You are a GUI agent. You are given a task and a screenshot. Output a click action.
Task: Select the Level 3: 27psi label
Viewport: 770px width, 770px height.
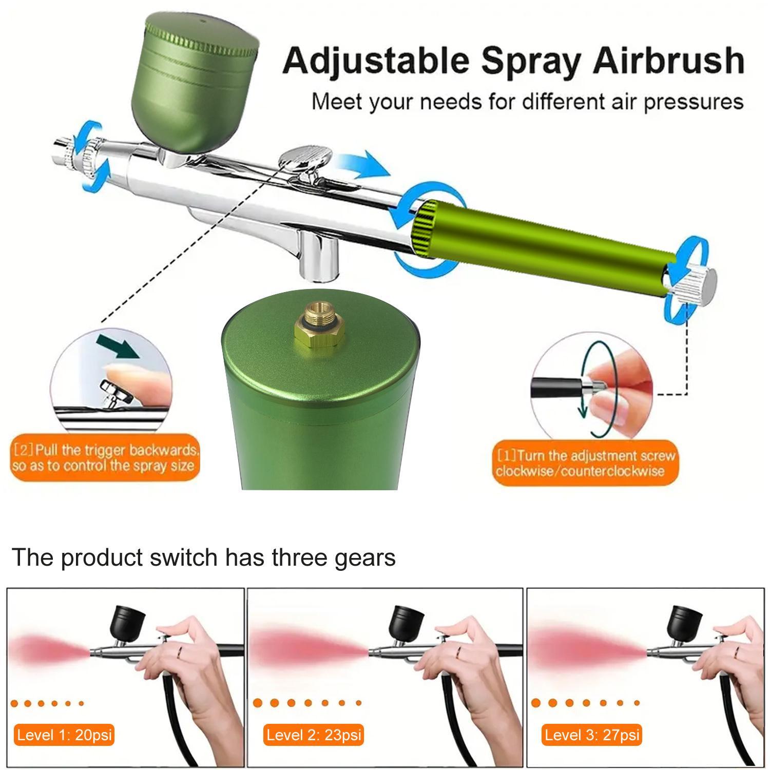point(592,735)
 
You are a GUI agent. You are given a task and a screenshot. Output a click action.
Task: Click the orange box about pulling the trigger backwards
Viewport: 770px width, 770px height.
point(105,458)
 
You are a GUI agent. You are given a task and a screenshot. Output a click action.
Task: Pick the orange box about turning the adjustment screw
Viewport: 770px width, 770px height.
point(585,464)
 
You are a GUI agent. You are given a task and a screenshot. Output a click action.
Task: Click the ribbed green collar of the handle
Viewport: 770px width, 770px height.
point(425,228)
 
